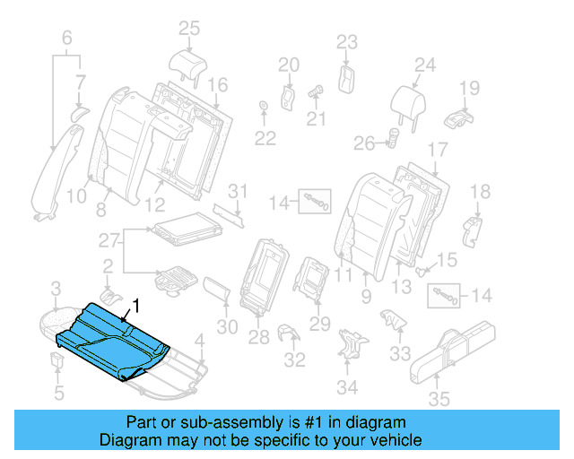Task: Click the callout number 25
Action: point(188,29)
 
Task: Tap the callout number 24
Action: point(424,65)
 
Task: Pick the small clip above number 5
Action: point(56,360)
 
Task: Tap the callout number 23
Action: point(346,41)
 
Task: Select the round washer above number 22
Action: point(264,108)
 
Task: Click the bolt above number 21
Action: point(316,91)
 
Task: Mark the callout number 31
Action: point(237,191)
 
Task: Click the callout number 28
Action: point(258,337)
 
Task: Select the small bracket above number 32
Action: point(289,333)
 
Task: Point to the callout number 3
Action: point(56,288)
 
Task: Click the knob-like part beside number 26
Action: point(392,138)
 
